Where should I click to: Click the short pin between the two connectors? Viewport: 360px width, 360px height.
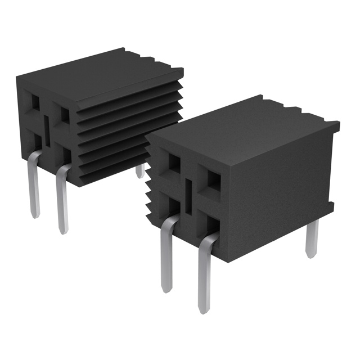pos(140,170)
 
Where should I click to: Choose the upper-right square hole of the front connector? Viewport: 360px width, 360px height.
pos(214,180)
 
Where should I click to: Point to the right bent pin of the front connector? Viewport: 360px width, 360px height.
pos(204,270)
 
